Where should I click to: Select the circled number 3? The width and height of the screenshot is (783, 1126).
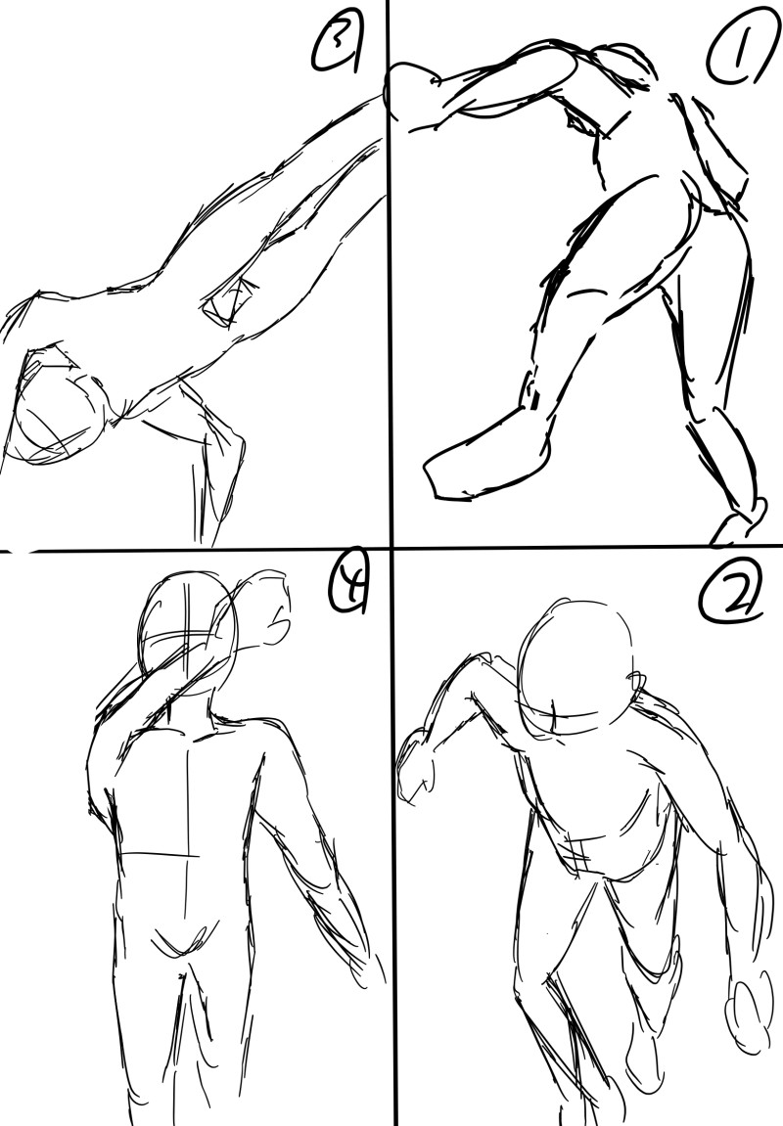(337, 42)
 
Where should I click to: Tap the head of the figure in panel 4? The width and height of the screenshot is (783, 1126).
(188, 633)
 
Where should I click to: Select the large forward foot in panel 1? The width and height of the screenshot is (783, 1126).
(484, 456)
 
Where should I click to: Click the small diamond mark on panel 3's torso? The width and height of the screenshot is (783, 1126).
(228, 301)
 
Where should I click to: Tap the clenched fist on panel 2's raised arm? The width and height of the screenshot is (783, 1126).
(415, 765)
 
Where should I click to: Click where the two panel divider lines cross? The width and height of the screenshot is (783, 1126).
(391, 549)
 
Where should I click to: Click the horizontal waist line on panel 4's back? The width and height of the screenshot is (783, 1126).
(161, 854)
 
